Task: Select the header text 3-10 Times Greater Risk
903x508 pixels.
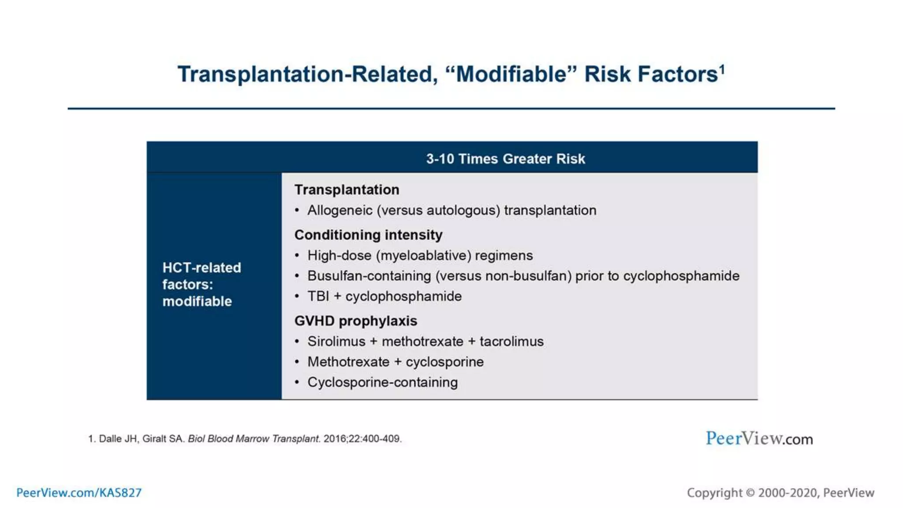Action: click(505, 159)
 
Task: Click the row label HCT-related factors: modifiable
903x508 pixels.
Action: click(201, 284)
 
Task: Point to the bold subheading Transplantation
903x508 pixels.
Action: click(347, 190)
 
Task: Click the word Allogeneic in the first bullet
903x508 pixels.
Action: click(340, 210)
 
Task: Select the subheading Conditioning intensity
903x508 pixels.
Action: click(368, 235)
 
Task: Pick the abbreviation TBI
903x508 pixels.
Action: click(318, 296)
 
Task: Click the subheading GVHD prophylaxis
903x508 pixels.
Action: click(355, 321)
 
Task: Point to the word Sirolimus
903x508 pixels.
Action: click(336, 342)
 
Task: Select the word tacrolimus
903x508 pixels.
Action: click(511, 342)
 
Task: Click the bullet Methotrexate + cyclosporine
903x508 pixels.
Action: click(395, 362)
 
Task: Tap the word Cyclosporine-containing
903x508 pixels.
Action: click(382, 382)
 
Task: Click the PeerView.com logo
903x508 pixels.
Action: click(759, 438)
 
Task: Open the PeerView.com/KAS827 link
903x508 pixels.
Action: click(79, 493)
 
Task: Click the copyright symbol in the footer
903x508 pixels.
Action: click(750, 493)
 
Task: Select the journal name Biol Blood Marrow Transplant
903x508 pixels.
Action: click(254, 439)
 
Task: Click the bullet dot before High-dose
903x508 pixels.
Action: click(297, 256)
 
